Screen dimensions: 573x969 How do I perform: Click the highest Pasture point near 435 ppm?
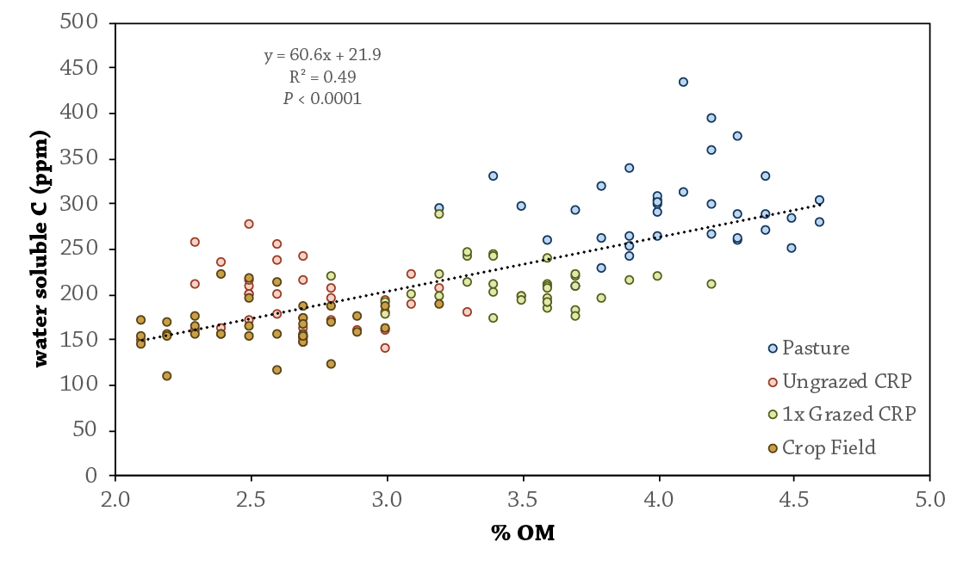pos(683,82)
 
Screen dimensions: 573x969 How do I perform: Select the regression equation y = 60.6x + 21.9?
pos(323,56)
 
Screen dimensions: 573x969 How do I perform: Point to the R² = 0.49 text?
pos(323,77)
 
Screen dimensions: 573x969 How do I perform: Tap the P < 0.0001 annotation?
pos(323,99)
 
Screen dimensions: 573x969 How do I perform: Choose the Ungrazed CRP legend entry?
pos(832,381)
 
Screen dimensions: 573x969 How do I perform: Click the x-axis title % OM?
pos(523,533)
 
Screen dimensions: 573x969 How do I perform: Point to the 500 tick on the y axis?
pos(84,22)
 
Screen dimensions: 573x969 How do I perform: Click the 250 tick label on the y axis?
pos(84,249)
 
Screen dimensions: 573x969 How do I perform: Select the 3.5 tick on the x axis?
pos(523,500)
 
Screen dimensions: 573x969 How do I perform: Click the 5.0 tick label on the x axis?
pos(930,500)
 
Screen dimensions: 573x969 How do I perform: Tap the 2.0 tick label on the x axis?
pos(115,500)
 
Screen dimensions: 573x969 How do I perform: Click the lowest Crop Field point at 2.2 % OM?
pos(167,376)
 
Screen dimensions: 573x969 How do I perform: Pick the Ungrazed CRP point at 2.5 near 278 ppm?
pos(249,224)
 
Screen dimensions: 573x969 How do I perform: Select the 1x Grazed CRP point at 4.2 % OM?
pos(711,284)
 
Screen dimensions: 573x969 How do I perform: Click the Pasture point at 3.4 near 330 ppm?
pos(494,176)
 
